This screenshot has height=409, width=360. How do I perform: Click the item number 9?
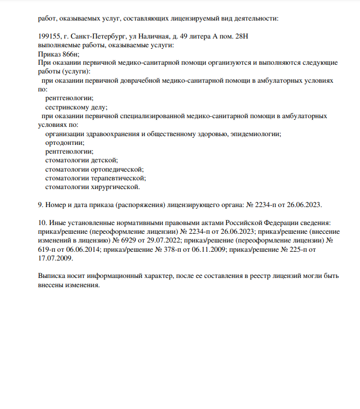[x=40, y=204]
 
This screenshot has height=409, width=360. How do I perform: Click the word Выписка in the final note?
[x=53, y=276]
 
